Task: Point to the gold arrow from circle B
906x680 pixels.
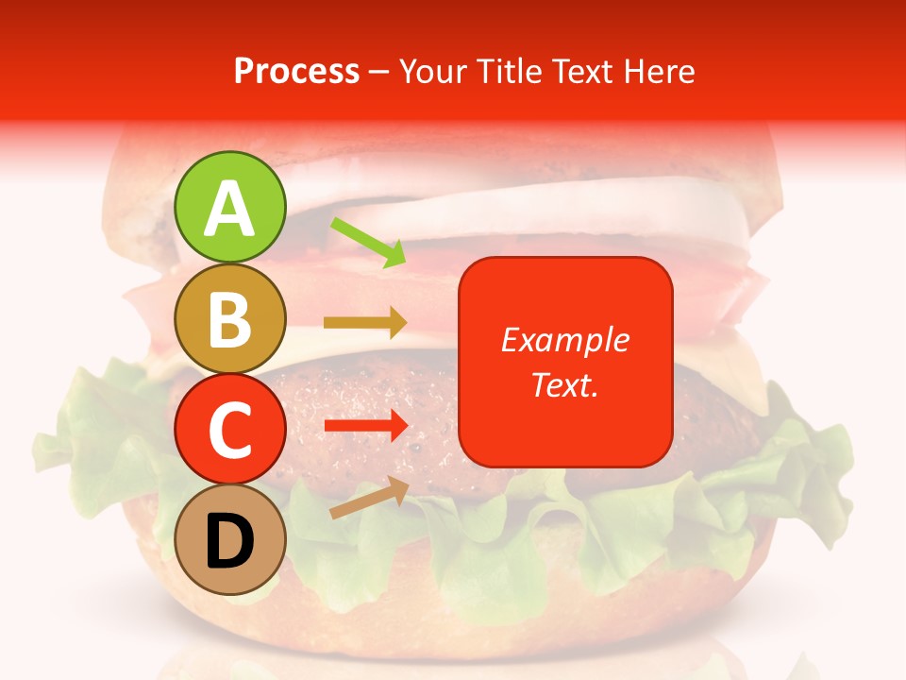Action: pyautogui.click(x=365, y=322)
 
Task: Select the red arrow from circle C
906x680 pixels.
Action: pyautogui.click(x=365, y=426)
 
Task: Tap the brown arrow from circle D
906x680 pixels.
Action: pyautogui.click(x=369, y=498)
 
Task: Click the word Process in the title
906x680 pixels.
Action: pyautogui.click(x=296, y=71)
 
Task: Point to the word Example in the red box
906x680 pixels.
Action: pyautogui.click(x=564, y=340)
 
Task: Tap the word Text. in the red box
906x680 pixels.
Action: pyautogui.click(x=564, y=384)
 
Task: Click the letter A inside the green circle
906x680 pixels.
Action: pyautogui.click(x=230, y=209)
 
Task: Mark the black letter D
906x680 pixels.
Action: pyautogui.click(x=230, y=543)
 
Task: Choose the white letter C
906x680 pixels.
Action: pyautogui.click(x=230, y=431)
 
